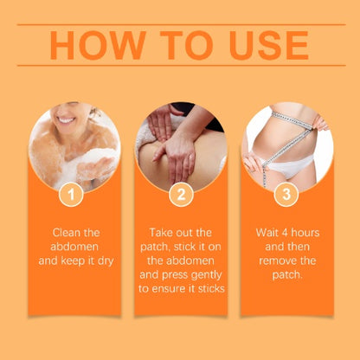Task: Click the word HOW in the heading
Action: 98,45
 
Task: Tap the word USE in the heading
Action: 269,45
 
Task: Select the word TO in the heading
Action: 187,45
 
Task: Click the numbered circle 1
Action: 71,195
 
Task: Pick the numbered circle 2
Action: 181,195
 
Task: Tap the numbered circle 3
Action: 286,194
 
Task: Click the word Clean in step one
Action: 64,233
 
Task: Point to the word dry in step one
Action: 106,261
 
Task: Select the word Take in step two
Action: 160,233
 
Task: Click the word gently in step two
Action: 207,276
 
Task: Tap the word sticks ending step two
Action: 211,289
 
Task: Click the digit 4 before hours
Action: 285,233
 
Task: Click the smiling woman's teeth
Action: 66,120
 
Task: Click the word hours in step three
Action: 305,233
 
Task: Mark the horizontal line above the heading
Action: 181,25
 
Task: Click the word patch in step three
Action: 287,275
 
